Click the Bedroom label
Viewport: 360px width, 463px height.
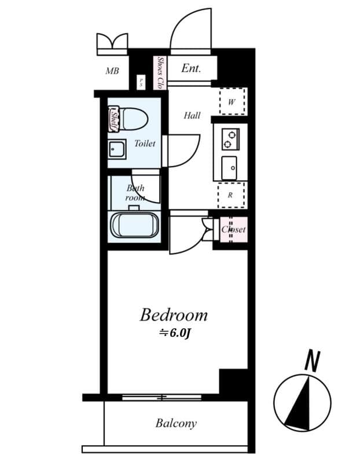point(173,315)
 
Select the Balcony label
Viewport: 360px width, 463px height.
point(176,423)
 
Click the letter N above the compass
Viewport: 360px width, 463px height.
point(313,362)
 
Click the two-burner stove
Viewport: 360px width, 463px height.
point(230,138)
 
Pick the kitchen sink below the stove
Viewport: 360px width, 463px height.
point(230,168)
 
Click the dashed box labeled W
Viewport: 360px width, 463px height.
point(232,102)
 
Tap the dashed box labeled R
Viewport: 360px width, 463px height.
point(230,195)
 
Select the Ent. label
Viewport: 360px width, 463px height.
point(191,68)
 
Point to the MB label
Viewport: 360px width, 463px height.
point(112,71)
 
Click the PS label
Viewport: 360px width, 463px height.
point(141,82)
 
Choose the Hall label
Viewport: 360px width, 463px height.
point(192,115)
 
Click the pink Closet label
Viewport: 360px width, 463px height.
point(233,230)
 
